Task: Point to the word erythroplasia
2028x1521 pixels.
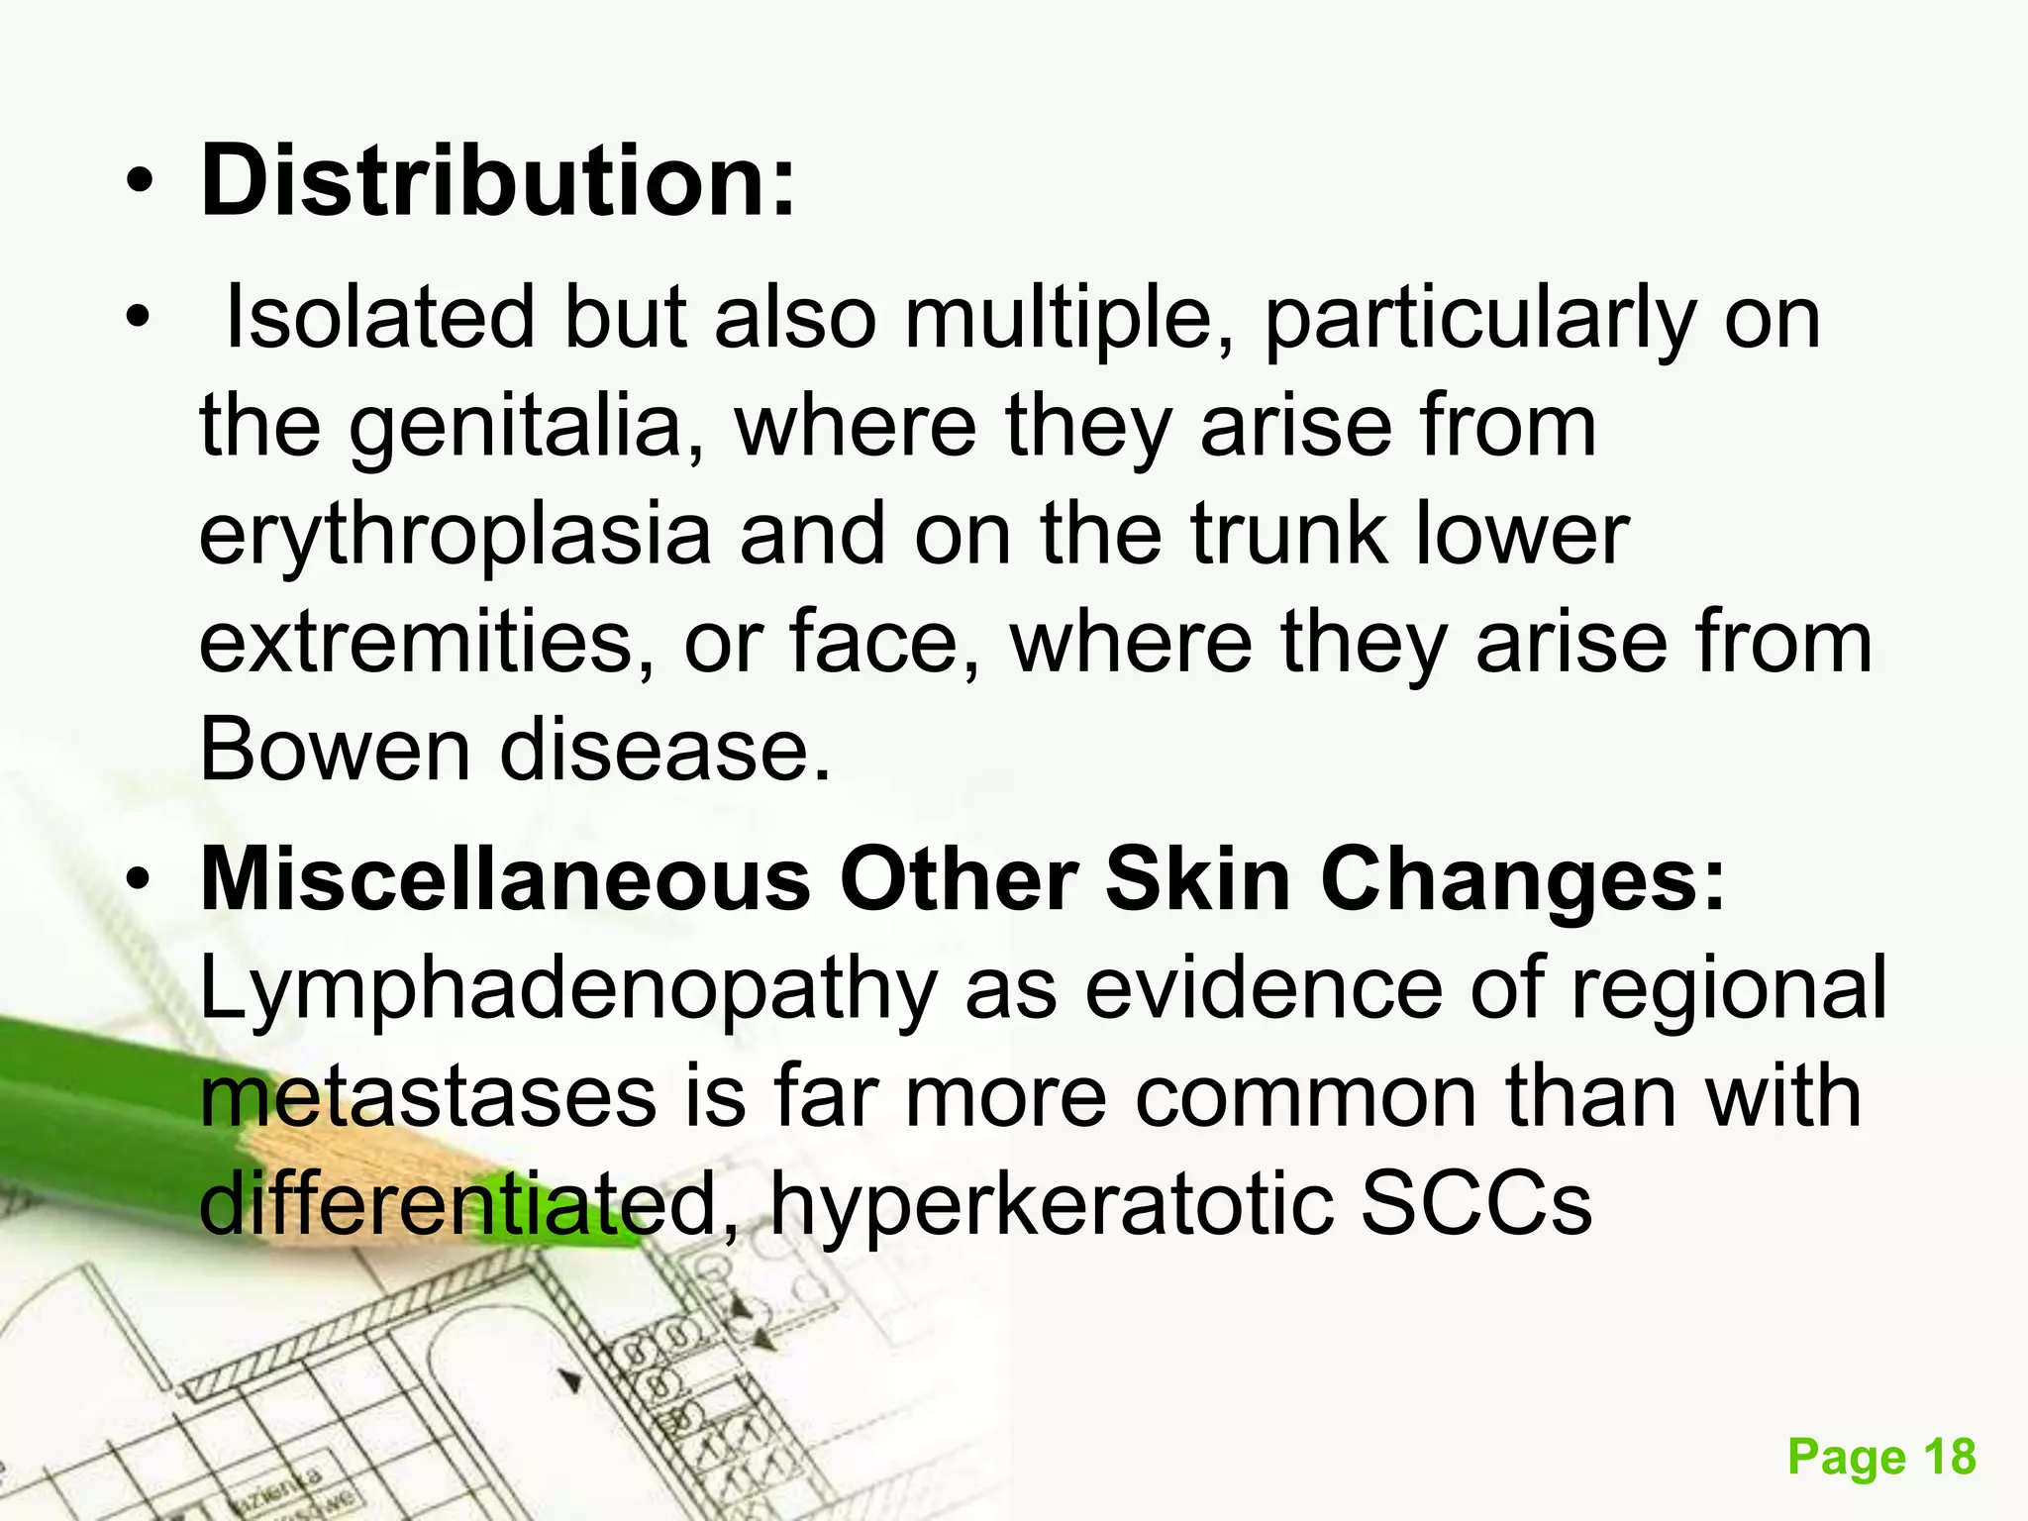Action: click(x=455, y=535)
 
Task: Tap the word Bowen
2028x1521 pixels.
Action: click(x=336, y=750)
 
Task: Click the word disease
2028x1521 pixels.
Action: click(x=664, y=750)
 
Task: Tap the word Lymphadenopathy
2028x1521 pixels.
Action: click(x=568, y=989)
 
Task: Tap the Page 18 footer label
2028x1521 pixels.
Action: click(x=1881, y=1458)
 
